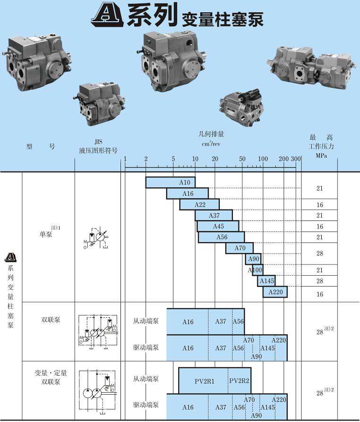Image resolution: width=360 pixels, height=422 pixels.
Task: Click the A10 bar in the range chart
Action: click(170, 182)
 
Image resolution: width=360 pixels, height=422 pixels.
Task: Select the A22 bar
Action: click(199, 204)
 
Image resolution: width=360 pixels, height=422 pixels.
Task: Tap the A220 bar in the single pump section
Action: click(275, 292)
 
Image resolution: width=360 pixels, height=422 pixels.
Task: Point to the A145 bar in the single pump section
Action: click(266, 281)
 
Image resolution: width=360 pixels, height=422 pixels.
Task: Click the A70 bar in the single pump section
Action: click(240, 248)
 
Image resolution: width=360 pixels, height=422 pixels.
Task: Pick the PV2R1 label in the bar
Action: click(204, 381)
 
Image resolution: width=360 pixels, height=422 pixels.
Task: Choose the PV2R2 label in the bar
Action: click(239, 381)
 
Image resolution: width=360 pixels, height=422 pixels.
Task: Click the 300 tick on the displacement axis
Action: click(296, 159)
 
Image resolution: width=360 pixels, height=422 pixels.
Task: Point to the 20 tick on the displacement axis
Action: click(215, 159)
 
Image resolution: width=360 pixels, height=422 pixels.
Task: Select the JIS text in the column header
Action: click(98, 141)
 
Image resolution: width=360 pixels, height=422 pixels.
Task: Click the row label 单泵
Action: click(46, 234)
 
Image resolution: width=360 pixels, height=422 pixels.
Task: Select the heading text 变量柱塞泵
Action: click(222, 19)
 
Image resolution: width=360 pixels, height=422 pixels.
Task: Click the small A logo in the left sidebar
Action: click(10, 257)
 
